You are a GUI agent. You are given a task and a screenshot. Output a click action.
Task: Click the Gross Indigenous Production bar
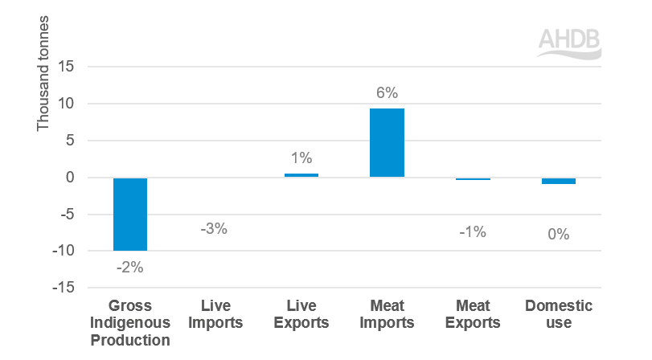[129, 214]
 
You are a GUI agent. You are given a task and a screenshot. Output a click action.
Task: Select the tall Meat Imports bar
[387, 142]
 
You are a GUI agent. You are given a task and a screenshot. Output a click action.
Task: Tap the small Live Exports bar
[301, 175]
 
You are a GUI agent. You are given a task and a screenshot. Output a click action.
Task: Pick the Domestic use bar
[558, 181]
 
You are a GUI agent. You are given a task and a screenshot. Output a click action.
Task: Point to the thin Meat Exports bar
[473, 178]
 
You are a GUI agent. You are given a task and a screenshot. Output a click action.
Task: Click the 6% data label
[387, 92]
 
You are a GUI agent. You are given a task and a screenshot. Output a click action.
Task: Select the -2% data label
[129, 268]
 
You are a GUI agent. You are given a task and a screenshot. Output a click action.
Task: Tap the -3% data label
[215, 229]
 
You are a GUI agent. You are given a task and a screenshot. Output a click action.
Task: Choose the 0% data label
[558, 235]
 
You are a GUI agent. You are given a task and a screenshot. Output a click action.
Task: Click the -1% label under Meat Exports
[473, 232]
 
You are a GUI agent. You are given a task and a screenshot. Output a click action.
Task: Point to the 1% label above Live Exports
[301, 158]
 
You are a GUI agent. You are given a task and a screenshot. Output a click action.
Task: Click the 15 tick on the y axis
[67, 67]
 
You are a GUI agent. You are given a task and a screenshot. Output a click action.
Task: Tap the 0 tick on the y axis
[70, 178]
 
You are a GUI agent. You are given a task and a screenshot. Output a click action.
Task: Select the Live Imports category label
[215, 315]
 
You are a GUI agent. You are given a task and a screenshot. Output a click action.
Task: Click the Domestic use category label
[558, 315]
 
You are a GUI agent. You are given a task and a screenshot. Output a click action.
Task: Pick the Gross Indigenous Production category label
[129, 323]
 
